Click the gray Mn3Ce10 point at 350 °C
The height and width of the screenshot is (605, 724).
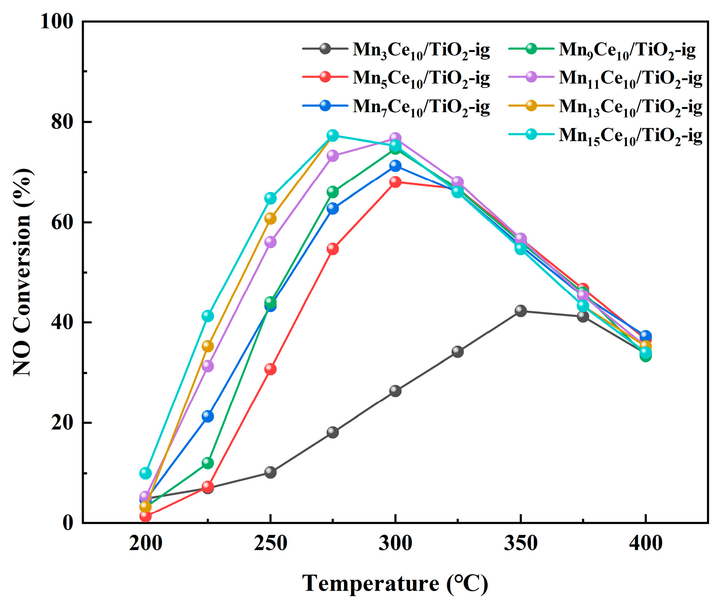520,311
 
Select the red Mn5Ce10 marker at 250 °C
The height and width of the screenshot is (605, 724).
271,369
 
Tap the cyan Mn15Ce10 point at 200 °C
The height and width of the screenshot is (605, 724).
146,473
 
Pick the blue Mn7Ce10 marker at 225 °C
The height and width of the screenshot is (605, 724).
208,416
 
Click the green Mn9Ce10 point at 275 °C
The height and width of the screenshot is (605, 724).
333,192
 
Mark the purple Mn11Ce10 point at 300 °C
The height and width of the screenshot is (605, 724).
395,138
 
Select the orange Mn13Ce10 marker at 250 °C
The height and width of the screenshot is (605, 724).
271,218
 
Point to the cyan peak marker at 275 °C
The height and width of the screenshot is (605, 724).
333,135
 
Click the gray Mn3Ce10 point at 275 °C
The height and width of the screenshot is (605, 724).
333,432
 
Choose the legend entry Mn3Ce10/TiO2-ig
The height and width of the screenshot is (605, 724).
421,50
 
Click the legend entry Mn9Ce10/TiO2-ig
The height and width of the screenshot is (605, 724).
627,50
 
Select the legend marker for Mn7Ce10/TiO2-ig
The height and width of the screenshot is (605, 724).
325,105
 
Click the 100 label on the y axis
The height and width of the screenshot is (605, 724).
57,22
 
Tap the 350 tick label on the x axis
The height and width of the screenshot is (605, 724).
520,544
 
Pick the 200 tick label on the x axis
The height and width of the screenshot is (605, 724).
146,544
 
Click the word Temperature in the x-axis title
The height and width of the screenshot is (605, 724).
370,583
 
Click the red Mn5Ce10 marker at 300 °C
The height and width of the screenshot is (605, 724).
395,182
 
